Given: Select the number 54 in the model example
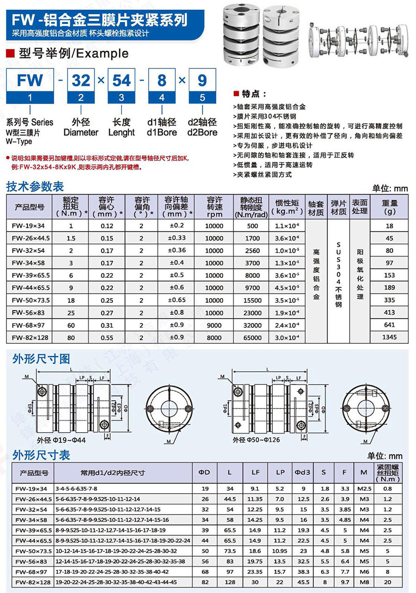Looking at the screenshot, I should [122, 80].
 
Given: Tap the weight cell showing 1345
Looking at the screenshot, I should [389, 337].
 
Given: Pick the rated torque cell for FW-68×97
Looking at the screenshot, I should [71, 325].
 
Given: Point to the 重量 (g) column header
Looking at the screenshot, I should [389, 207].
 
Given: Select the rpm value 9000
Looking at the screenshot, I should [214, 325].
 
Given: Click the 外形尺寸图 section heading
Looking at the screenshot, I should [42, 359].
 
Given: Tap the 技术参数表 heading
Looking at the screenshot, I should [35, 187].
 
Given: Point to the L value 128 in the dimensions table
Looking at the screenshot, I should [230, 582].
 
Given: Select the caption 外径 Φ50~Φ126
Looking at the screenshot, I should [256, 440].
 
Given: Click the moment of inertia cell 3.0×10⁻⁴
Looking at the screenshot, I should [287, 337].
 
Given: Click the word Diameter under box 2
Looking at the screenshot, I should [81, 133].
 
